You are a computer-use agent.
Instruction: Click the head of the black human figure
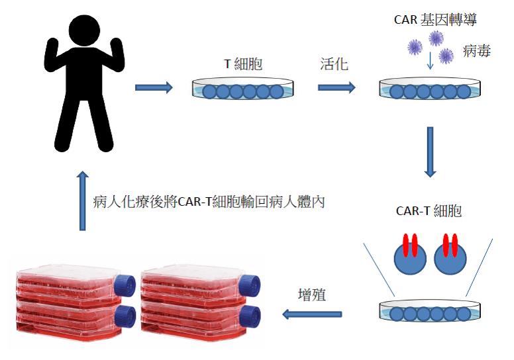84,30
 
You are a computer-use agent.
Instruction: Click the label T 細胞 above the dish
243,64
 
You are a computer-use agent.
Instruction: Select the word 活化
334,64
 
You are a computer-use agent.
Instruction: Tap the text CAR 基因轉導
435,20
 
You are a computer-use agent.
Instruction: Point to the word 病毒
477,51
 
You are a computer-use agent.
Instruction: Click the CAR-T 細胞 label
429,210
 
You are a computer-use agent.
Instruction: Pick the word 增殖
312,294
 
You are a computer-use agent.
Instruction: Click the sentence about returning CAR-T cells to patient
209,201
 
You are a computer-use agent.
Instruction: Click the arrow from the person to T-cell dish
154,87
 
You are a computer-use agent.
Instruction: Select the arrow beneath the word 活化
336,87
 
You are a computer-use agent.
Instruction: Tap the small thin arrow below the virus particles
430,61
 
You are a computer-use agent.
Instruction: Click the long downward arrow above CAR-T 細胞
430,152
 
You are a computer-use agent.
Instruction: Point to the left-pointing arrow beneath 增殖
312,314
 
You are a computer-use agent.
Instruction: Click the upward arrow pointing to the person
83,201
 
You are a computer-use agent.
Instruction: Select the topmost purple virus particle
436,38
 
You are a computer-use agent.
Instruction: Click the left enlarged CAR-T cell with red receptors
410,255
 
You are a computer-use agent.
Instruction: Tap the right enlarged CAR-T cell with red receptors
450,255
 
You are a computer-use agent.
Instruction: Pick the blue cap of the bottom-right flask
250,316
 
